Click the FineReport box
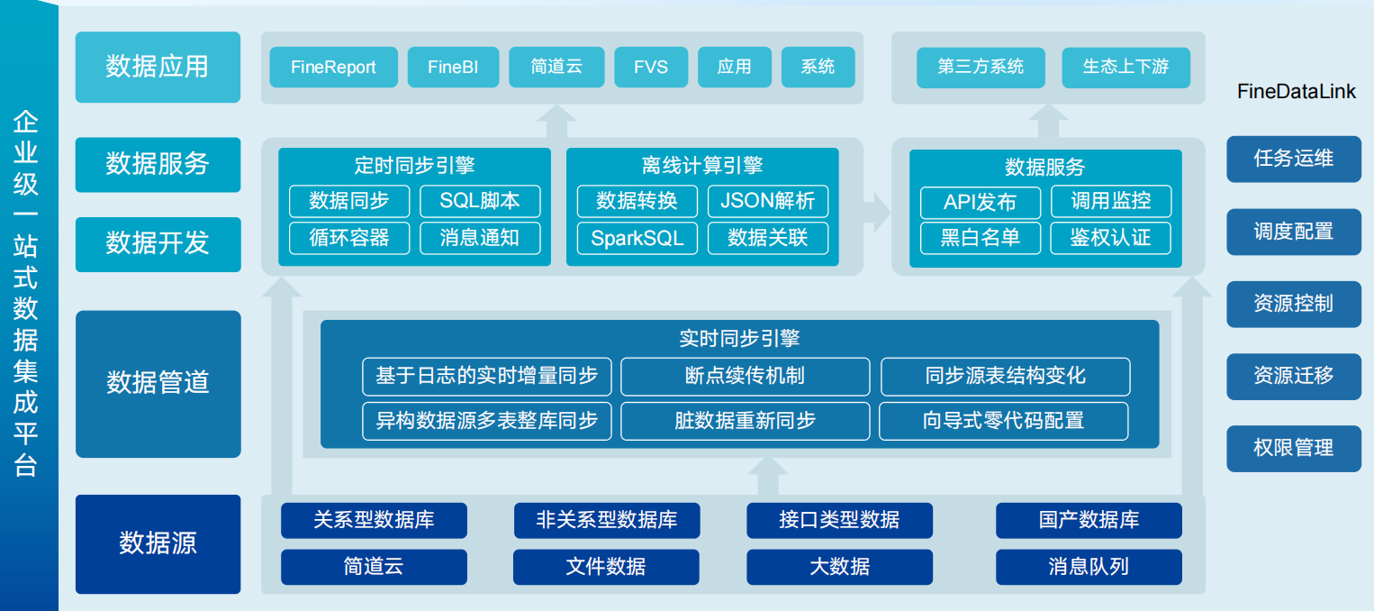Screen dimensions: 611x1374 click(x=333, y=68)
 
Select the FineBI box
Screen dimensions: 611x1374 click(x=453, y=68)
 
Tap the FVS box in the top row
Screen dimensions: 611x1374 click(x=650, y=68)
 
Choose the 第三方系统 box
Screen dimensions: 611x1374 click(x=981, y=68)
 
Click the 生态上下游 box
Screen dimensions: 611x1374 click(x=1125, y=68)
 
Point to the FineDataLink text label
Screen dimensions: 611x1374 click(x=1296, y=92)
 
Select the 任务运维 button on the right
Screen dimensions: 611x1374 click(x=1293, y=159)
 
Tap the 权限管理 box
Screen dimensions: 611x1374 click(x=1293, y=448)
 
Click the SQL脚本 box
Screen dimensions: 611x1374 click(x=480, y=201)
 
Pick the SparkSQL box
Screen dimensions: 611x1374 click(x=637, y=238)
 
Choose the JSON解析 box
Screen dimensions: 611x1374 click(x=767, y=201)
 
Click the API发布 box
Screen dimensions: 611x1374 click(x=980, y=202)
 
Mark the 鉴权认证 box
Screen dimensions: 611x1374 click(x=1110, y=238)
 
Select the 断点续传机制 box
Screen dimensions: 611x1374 click(x=745, y=376)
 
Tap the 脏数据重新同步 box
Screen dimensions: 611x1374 click(x=745, y=421)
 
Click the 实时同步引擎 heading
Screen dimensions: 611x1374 click(x=738, y=339)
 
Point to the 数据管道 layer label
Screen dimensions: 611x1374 click(x=158, y=383)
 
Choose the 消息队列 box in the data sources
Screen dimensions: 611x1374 click(x=1088, y=567)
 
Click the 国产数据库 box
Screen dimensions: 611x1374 click(x=1088, y=520)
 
